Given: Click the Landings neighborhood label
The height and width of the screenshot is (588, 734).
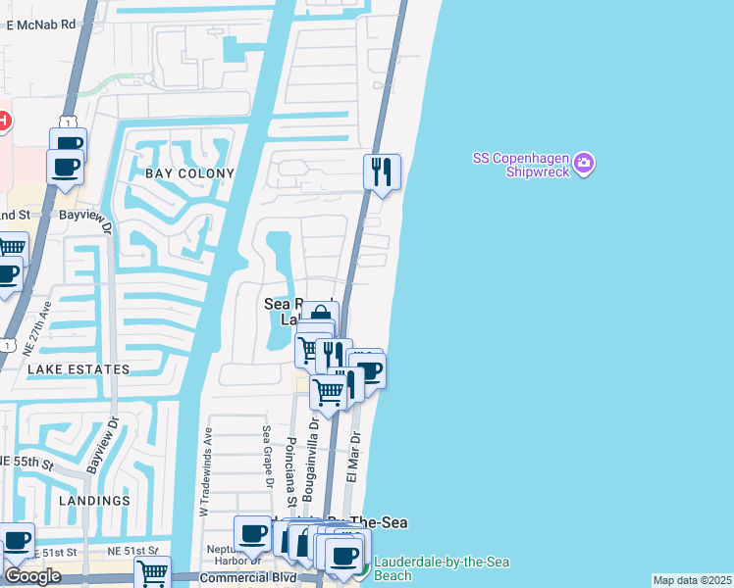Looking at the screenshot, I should (94, 500).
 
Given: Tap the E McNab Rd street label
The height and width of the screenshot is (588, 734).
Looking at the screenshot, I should (40, 24).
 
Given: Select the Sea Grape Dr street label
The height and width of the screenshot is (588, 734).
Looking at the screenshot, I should (266, 457).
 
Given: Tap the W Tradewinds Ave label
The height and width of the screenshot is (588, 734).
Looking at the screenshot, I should (206, 471).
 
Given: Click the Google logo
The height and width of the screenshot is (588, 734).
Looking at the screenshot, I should (32, 576).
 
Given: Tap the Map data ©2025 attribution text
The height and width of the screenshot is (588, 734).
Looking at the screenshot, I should (691, 580).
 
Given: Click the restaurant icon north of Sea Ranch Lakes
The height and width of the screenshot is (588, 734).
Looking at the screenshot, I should (381, 171).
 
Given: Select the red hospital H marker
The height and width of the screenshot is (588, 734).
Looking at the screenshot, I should (3, 122).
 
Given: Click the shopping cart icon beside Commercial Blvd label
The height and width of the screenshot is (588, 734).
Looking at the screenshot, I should (152, 573).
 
